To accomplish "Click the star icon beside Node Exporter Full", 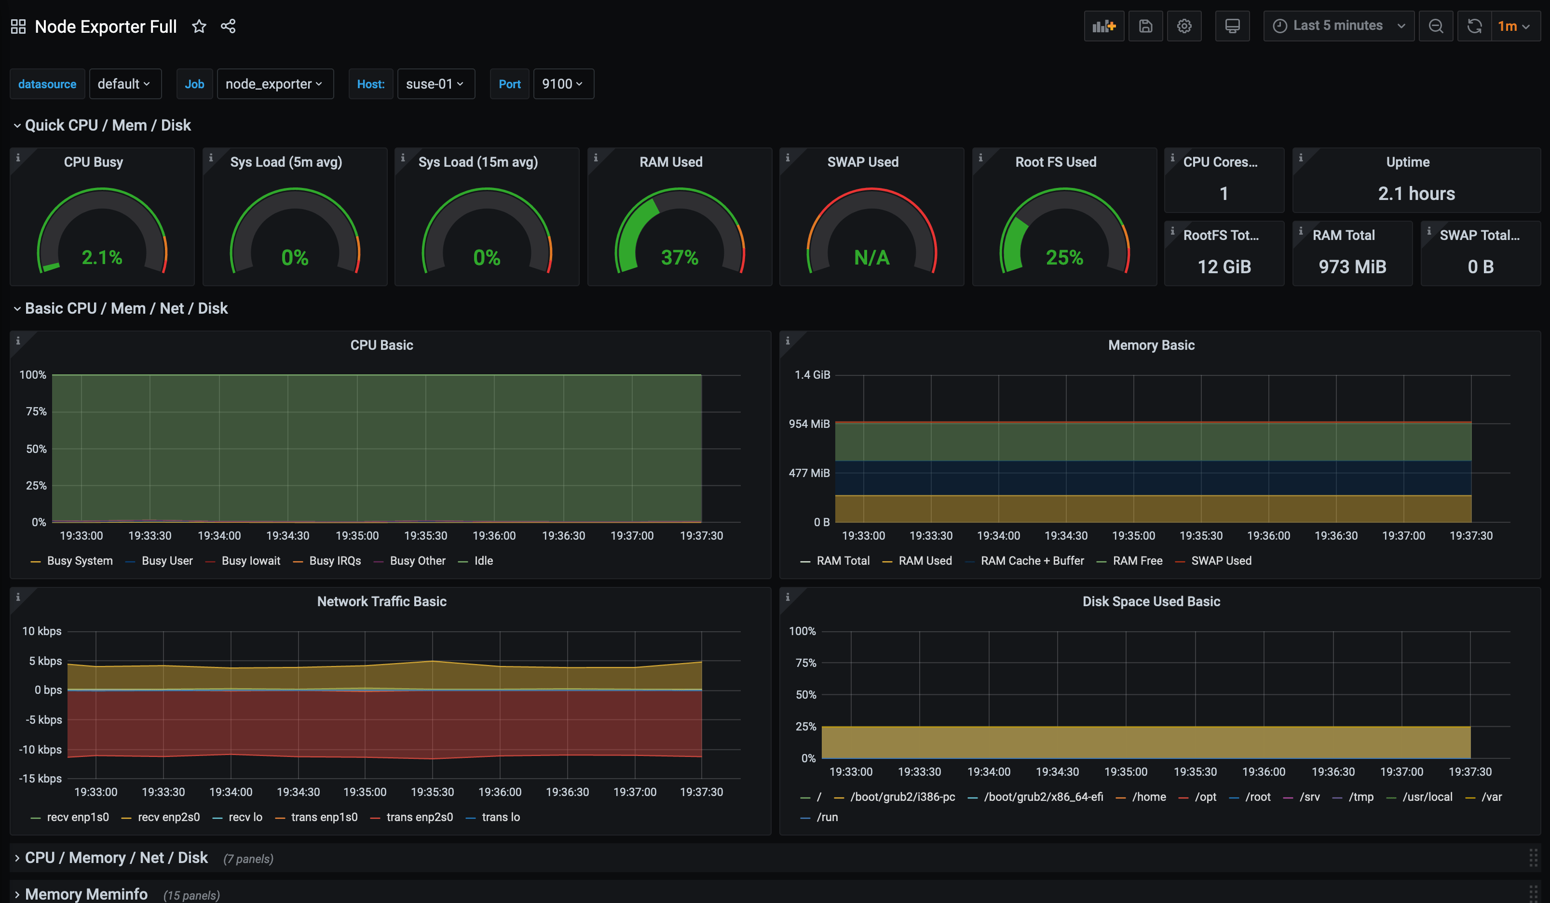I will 199,27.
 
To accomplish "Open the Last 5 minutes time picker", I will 1338,26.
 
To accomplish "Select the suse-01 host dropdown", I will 435,84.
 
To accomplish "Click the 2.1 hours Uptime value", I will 1416,194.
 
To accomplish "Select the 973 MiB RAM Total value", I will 1352,267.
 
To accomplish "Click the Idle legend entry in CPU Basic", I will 483,560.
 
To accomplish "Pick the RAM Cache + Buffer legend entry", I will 1032,560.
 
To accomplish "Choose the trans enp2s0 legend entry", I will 419,817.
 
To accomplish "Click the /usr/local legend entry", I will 1427,797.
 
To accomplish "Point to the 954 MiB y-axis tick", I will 809,424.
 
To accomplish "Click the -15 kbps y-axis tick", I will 41,778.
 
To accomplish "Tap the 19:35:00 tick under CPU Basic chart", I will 357,535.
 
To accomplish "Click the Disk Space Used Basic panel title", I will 1151,601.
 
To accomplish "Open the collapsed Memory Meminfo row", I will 86,894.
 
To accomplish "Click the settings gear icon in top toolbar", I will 1184,26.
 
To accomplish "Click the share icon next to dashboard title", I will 228,27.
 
